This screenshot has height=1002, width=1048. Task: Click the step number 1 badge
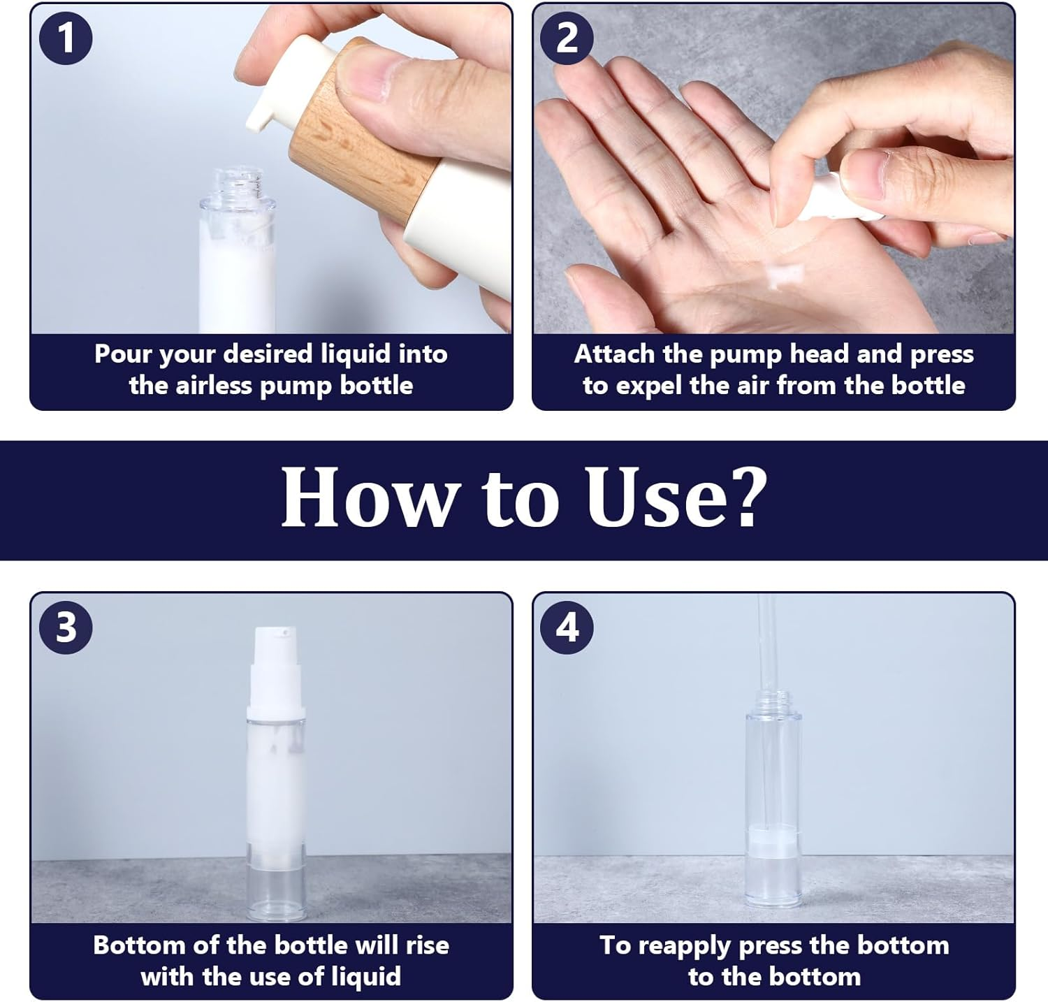[66, 38]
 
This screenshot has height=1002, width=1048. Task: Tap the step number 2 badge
[567, 38]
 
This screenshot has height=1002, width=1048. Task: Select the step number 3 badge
[66, 627]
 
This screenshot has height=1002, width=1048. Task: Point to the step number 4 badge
[567, 627]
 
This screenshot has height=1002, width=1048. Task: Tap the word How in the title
[367, 497]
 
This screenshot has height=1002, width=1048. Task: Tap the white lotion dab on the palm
[783, 276]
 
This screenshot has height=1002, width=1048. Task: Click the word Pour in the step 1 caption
[122, 354]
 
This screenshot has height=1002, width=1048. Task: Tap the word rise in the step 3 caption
[427, 945]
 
